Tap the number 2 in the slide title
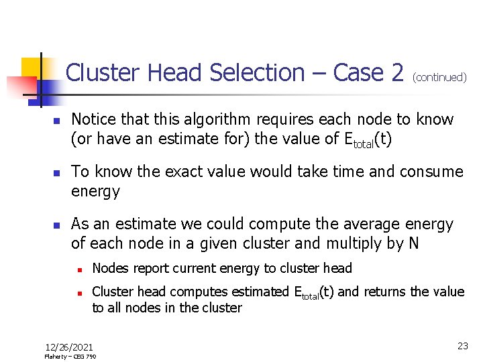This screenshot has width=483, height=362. (396, 72)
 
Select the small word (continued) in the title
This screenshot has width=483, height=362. (439, 77)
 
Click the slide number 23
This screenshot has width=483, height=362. (462, 346)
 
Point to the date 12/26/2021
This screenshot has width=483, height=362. (69, 347)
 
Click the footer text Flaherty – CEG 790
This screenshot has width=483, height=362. (70, 357)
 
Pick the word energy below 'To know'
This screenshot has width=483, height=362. (95, 191)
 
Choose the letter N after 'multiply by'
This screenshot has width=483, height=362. (413, 243)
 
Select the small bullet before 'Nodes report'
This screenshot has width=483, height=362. (79, 269)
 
